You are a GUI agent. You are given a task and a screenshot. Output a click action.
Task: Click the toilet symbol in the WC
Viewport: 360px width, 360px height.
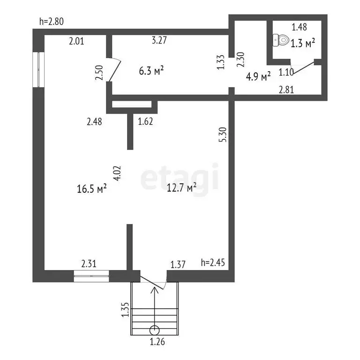click(x=281, y=40)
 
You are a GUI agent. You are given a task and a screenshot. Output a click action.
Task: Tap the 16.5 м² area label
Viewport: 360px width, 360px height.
click(x=91, y=189)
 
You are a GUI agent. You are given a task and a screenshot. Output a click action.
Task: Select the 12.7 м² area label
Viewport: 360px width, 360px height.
click(x=181, y=187)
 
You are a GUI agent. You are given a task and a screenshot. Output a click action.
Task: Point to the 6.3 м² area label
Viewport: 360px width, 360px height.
click(x=151, y=70)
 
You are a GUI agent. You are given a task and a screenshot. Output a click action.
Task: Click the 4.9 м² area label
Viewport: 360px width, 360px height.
click(x=258, y=76)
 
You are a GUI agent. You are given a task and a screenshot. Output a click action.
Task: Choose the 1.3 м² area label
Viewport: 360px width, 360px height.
click(x=303, y=43)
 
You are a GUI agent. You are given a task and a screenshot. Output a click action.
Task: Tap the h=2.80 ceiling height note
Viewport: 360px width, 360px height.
click(x=52, y=22)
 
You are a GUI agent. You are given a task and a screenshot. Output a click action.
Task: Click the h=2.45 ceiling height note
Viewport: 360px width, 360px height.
click(x=213, y=262)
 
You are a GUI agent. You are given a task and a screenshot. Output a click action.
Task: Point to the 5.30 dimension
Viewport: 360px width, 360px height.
click(x=223, y=135)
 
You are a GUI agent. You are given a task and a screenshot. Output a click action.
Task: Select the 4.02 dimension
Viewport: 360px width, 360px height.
click(x=117, y=173)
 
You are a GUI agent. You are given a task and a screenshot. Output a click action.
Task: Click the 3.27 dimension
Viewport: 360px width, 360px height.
click(x=159, y=40)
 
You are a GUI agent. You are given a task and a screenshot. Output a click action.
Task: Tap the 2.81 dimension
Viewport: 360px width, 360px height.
click(x=286, y=90)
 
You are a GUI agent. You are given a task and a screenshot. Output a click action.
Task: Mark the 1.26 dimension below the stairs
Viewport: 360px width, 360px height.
click(x=157, y=342)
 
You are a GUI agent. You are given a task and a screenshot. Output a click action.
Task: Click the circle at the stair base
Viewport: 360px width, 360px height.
click(x=155, y=330)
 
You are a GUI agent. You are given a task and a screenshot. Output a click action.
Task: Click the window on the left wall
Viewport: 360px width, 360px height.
click(x=38, y=69)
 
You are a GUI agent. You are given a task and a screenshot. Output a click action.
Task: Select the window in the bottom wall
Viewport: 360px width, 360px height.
click(x=91, y=276)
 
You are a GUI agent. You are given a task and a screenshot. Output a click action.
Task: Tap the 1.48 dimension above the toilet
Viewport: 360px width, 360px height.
click(x=299, y=27)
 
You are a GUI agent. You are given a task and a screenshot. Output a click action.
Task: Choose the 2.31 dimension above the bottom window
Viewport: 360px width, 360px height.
click(x=89, y=263)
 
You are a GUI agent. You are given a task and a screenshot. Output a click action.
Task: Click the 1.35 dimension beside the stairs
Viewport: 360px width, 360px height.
click(x=125, y=309)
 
